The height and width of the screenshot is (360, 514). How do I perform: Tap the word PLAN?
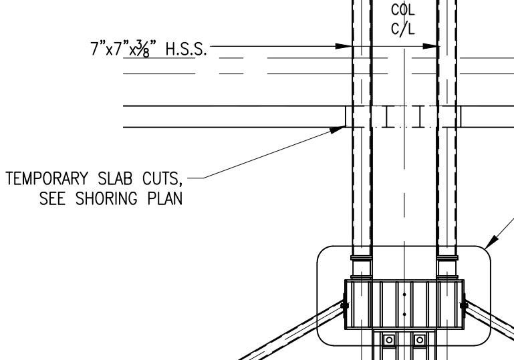[x=165, y=199]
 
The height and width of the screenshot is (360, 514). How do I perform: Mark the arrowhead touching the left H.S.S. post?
[x=344, y=47]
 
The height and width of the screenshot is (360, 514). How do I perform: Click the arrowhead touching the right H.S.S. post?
[x=433, y=47]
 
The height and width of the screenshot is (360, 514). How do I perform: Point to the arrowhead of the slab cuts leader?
[x=338, y=130]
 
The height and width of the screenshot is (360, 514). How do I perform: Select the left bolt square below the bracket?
[x=388, y=340]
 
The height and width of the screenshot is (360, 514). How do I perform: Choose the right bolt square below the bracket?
[x=419, y=340]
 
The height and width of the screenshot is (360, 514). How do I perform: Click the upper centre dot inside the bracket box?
[x=404, y=293]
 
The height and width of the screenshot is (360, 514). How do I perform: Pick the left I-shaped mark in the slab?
[x=387, y=117]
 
